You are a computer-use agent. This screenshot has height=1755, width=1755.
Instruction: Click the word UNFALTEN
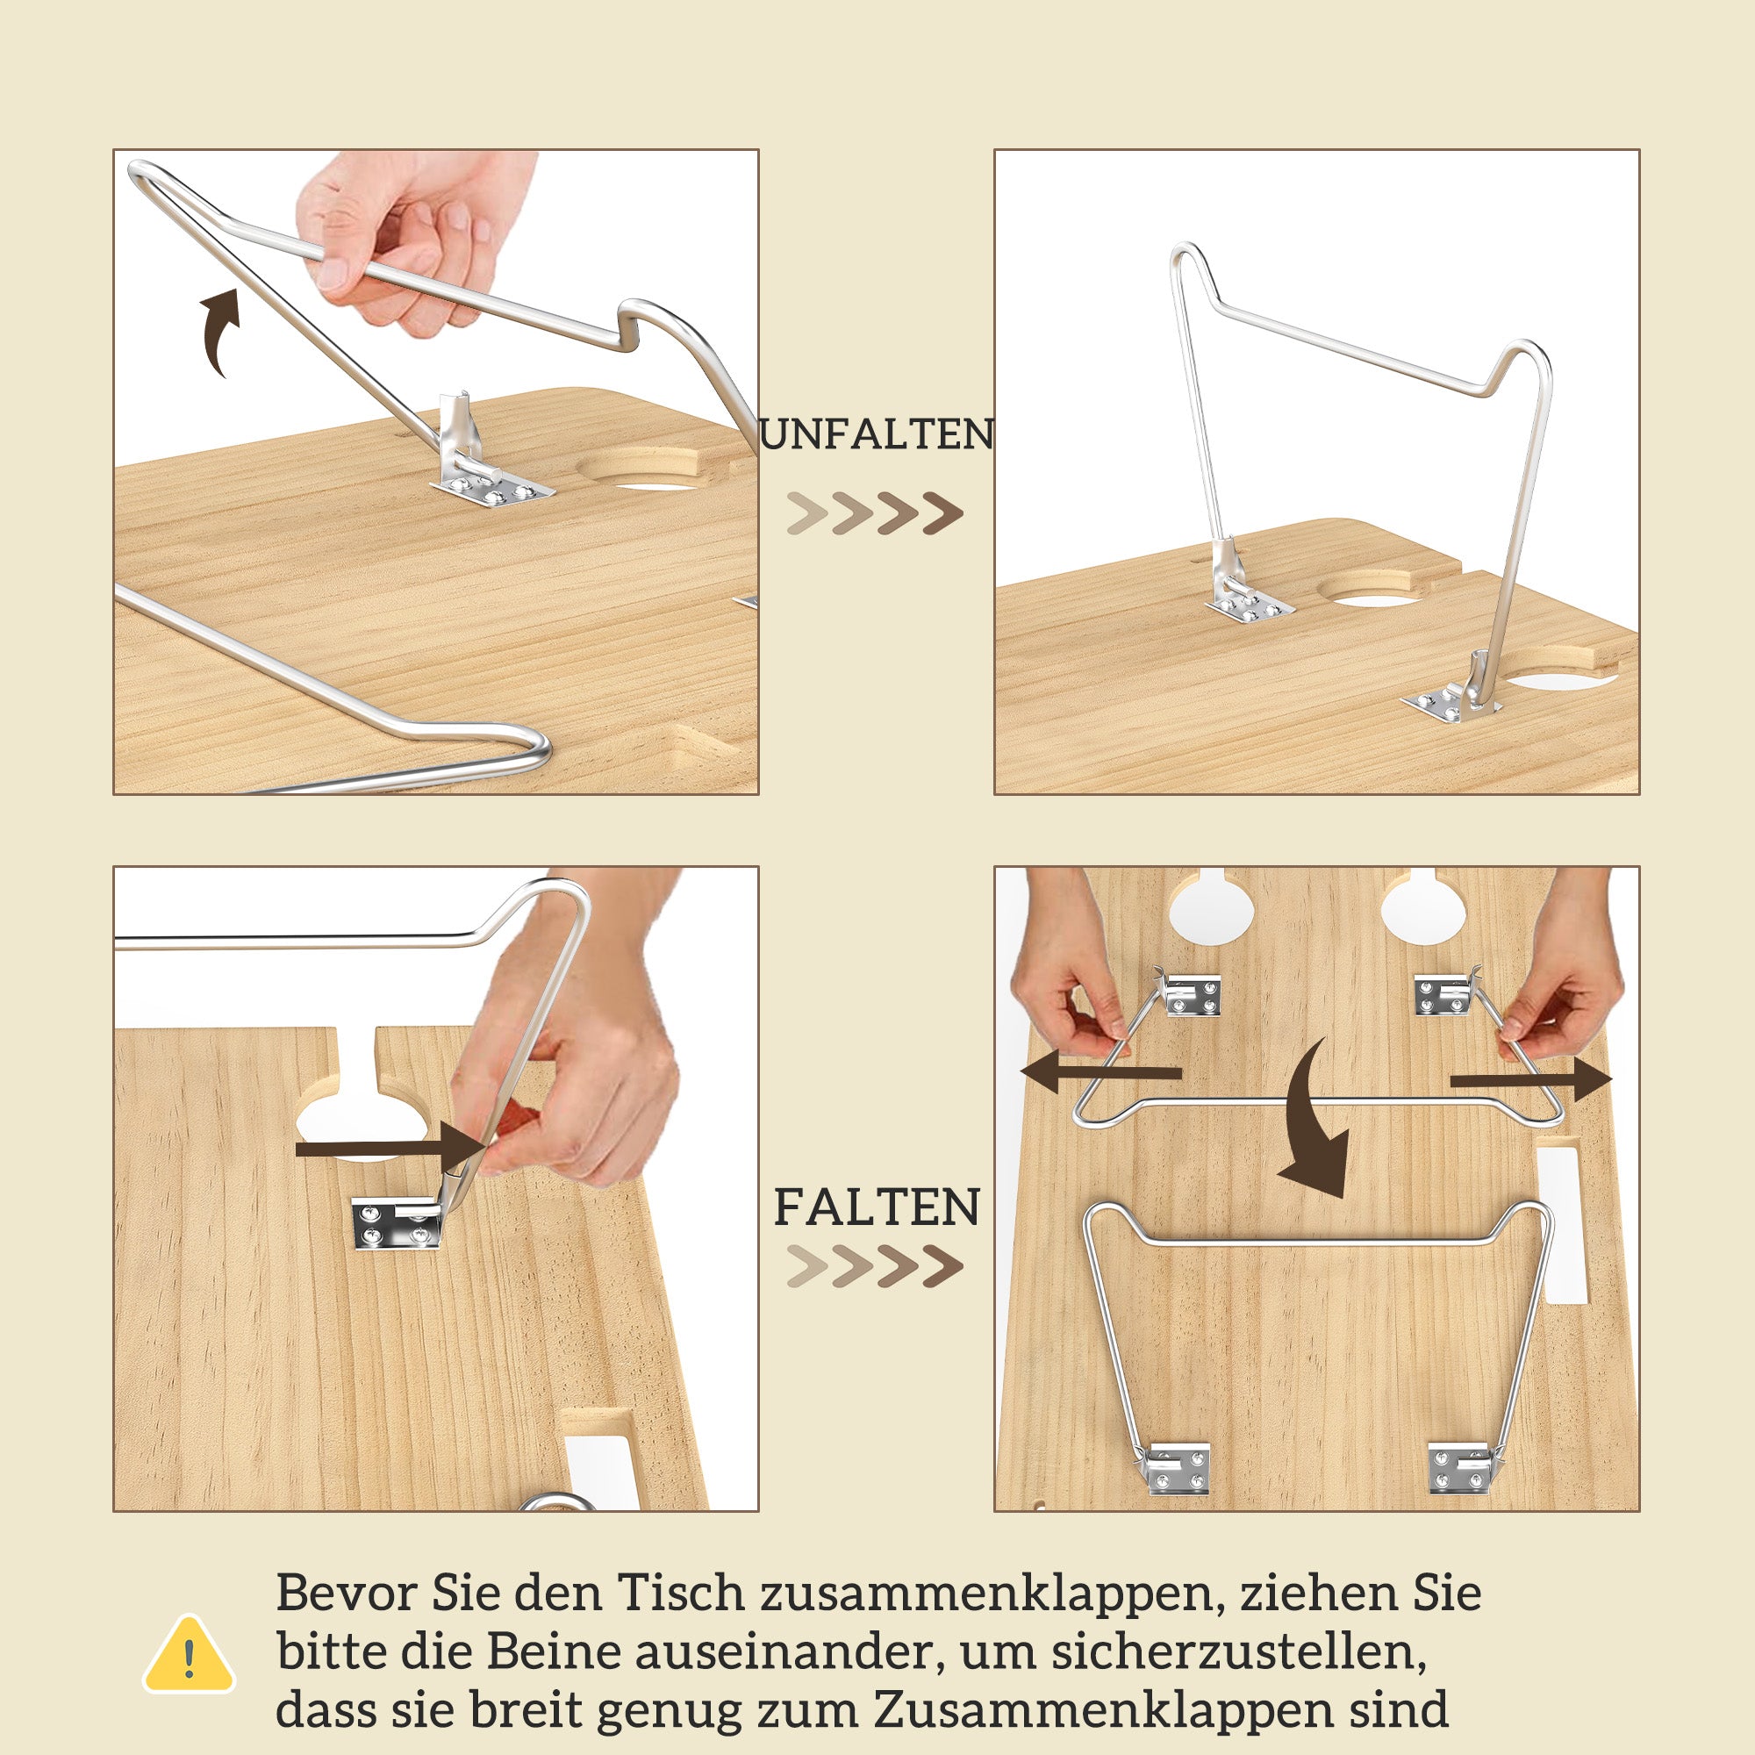tap(877, 434)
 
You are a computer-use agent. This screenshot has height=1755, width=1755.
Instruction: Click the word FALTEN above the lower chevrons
tap(877, 1208)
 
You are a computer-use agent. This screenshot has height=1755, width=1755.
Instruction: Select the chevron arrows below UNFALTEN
tap(875, 514)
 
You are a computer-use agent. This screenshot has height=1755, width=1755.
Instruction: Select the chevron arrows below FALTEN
tap(875, 1267)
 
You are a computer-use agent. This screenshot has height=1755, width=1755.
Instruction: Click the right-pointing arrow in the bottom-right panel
tap(1530, 1080)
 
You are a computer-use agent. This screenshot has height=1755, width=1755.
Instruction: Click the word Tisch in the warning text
tap(680, 1594)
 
